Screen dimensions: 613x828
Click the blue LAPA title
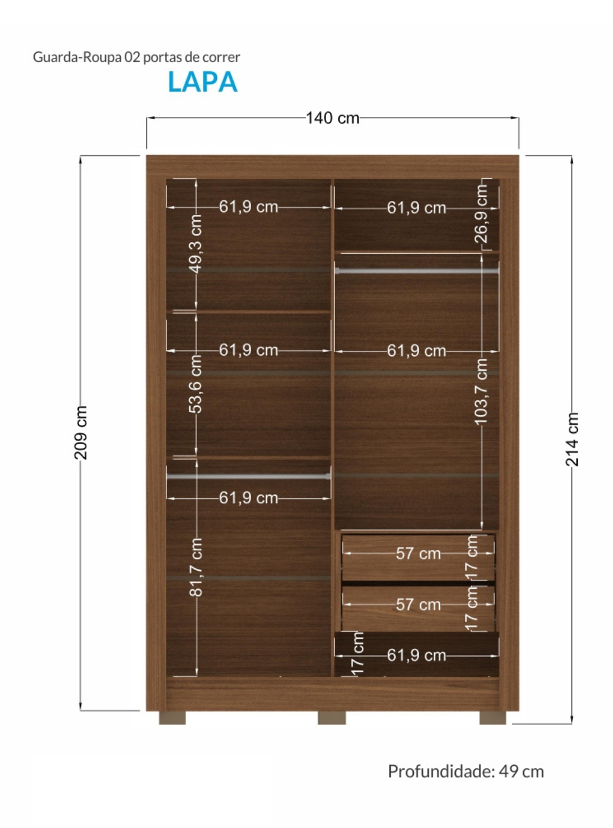click(x=202, y=81)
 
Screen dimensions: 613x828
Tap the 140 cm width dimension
click(x=332, y=118)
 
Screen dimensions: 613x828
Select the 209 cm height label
click(x=81, y=433)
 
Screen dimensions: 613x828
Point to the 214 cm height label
click(x=572, y=439)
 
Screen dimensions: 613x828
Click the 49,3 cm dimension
click(x=196, y=244)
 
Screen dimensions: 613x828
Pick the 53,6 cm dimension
click(x=196, y=384)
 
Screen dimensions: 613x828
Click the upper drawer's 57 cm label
click(x=418, y=554)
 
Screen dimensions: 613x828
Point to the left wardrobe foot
click(x=172, y=718)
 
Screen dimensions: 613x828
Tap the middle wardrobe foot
click(x=332, y=718)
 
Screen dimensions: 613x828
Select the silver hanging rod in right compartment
click(x=417, y=271)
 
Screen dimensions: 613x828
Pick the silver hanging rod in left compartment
click(x=249, y=477)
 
